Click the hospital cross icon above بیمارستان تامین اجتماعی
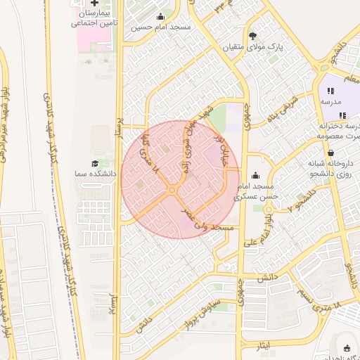pyautogui.click(x=96, y=3)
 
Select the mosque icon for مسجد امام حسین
pyautogui.click(x=161, y=18)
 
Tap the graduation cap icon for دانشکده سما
pyautogui.click(x=94, y=163)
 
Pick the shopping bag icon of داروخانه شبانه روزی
pyautogui.click(x=330, y=153)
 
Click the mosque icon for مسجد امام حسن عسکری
pyautogui.click(x=254, y=176)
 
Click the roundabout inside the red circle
pyautogui.click(x=172, y=190)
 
